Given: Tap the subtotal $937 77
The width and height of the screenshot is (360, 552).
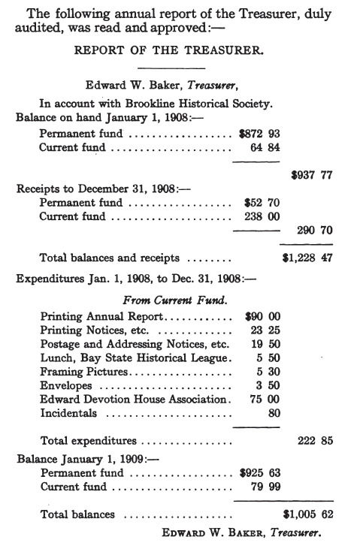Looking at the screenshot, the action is pyautogui.click(x=312, y=175).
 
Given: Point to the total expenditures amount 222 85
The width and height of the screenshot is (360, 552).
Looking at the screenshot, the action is pyautogui.click(x=316, y=441).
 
